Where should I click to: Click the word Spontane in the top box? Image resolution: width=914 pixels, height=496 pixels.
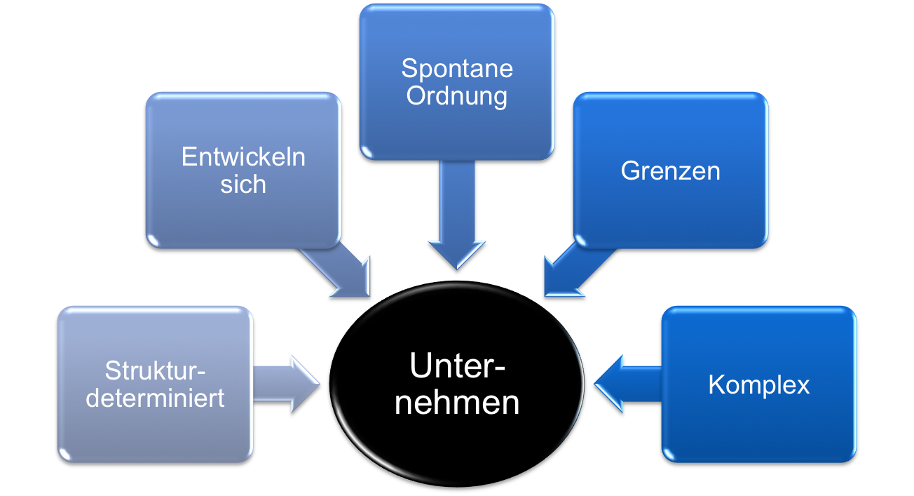[457, 69]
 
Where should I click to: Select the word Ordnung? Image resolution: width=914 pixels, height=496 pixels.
[457, 95]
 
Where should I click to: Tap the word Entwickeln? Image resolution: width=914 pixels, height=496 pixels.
[243, 156]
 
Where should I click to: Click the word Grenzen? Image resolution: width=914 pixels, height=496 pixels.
[670, 171]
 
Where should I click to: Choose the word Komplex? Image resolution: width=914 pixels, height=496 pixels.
[758, 384]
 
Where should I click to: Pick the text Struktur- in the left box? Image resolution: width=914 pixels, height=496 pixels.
[158, 370]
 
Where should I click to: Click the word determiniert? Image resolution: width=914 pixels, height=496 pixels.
[155, 398]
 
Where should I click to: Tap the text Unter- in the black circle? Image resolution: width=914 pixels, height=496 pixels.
[457, 367]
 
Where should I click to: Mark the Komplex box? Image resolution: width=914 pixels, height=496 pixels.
[758, 428]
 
